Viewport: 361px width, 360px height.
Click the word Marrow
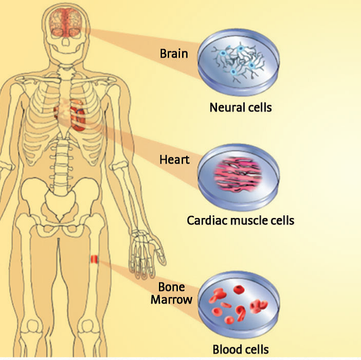(171, 298)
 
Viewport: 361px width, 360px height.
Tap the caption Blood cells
(240, 350)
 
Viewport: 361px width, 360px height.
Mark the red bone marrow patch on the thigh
(93, 259)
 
